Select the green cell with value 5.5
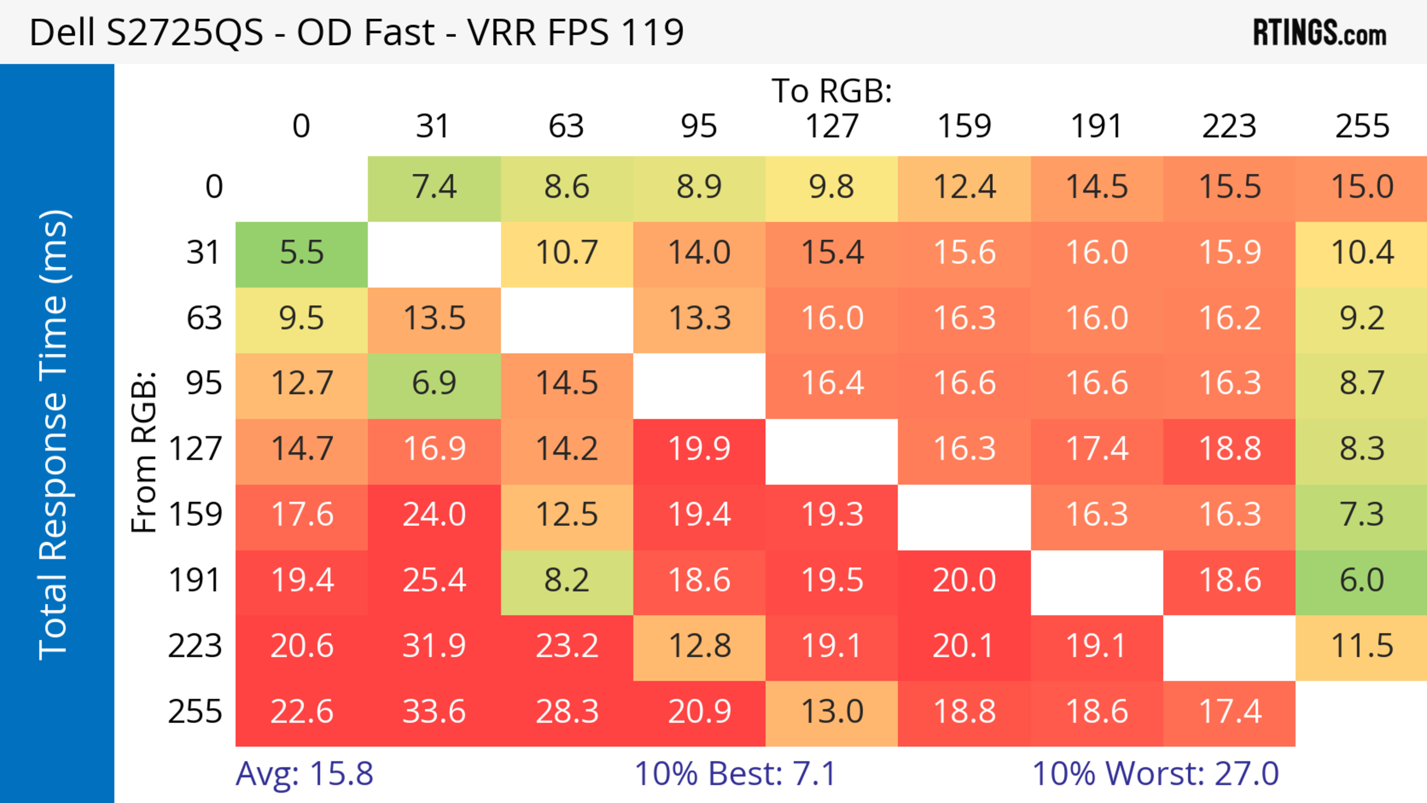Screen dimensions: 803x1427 coord(301,253)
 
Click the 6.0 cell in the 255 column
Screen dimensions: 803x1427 coord(1362,581)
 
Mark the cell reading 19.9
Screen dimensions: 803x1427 coord(699,449)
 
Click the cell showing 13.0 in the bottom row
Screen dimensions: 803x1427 coord(832,712)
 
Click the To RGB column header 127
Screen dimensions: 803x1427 coord(832,126)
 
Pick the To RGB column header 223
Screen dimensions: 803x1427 coord(1229,126)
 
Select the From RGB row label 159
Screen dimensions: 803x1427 coord(195,515)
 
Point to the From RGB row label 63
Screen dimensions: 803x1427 coord(204,318)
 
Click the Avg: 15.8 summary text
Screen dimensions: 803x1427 coord(304,774)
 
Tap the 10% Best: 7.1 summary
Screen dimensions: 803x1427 coord(735,774)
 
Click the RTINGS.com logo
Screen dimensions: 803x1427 coord(1320,33)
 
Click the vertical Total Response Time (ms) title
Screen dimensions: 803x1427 coord(54,435)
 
